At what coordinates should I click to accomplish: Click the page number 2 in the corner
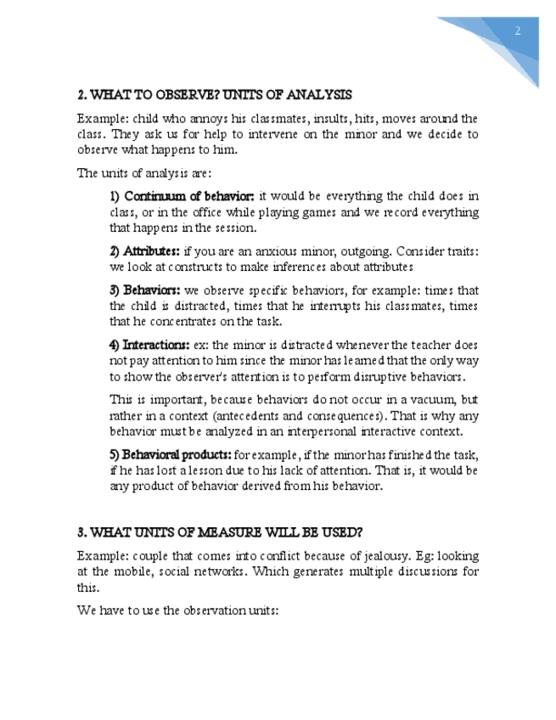517,31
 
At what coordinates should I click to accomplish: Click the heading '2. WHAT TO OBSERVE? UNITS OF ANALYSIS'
214,94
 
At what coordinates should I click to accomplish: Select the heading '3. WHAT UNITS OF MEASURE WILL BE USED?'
220,532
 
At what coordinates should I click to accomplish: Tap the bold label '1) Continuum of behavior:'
183,196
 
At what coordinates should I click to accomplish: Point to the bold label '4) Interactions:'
149,346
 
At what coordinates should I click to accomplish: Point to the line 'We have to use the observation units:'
177,610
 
